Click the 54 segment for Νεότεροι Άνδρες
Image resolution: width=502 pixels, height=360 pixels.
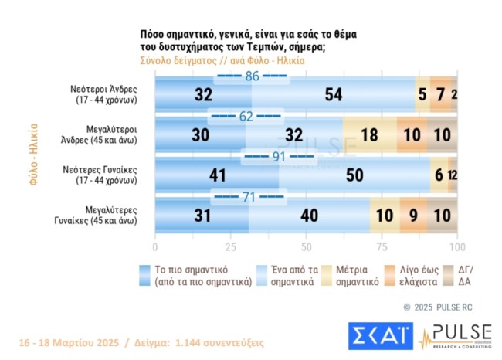[x=334, y=95]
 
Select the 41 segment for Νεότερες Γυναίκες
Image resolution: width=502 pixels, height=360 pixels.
[x=216, y=175]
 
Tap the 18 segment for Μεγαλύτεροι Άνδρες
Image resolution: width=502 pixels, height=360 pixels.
[x=369, y=135]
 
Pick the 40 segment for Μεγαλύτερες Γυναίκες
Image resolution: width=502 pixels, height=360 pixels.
[x=309, y=216]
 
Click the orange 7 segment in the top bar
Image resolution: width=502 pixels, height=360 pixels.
[x=440, y=95]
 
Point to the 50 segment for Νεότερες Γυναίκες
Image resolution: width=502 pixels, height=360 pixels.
[x=354, y=175]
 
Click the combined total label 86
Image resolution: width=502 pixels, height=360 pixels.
[x=253, y=77]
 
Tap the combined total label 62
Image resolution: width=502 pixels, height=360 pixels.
[x=246, y=117]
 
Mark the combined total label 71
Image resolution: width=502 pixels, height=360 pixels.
[x=249, y=198]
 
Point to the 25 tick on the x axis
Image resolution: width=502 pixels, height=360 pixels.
[x=231, y=247]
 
